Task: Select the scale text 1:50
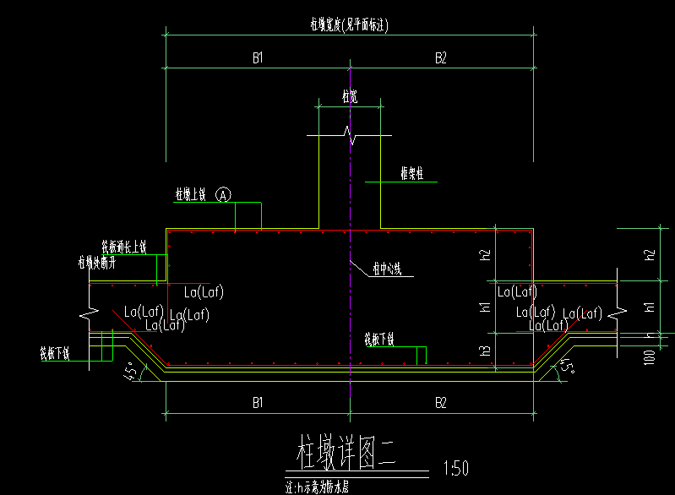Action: [455, 467]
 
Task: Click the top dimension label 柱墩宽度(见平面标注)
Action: [349, 25]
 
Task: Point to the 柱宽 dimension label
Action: [349, 96]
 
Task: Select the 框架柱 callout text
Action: [412, 174]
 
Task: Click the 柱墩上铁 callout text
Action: [192, 194]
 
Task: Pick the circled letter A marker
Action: [224, 194]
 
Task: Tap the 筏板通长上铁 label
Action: [124, 247]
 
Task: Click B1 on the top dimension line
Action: [259, 57]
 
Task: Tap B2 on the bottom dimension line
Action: [440, 403]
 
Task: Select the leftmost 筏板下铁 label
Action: [54, 351]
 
